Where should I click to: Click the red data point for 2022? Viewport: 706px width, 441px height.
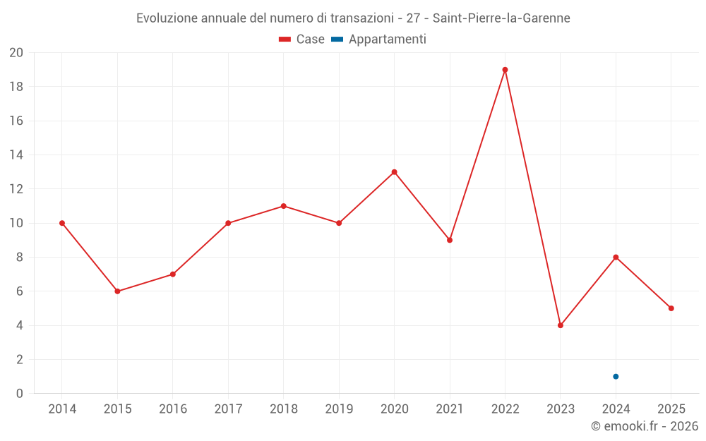click(505, 70)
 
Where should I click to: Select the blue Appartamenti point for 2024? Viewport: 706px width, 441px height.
click(616, 376)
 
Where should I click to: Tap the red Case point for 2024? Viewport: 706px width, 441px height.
click(616, 257)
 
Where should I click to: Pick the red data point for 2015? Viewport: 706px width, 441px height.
click(117, 291)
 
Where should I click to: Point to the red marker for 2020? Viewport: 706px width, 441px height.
click(394, 172)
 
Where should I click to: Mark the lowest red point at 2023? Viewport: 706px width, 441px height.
click(561, 325)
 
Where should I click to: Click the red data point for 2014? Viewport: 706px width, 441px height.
click(62, 223)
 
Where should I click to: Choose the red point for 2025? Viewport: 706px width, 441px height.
click(671, 308)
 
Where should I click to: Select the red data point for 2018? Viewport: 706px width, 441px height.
click(283, 206)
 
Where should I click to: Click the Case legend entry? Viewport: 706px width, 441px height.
click(302, 40)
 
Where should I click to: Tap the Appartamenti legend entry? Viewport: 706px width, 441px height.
click(379, 40)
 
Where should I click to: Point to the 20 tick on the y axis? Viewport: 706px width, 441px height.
click(16, 53)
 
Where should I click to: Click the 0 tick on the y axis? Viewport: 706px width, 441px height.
click(19, 393)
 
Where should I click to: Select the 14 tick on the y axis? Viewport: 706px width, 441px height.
click(16, 155)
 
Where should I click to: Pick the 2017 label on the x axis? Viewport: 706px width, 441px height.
click(228, 409)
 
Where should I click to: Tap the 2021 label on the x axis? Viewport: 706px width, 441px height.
click(450, 409)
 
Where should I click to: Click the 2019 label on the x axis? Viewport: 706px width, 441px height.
click(339, 409)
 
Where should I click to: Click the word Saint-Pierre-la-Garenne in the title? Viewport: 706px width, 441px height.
click(501, 18)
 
